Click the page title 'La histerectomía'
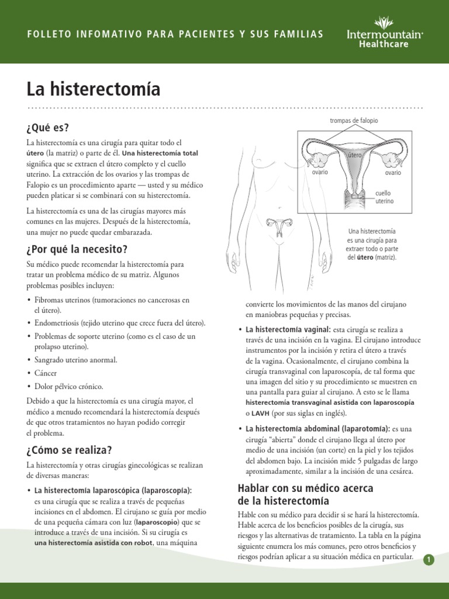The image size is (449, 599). click(93, 89)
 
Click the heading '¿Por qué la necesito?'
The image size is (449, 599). click(77, 249)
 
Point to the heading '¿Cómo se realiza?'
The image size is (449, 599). click(68, 450)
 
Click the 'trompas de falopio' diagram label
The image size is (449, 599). click(354, 121)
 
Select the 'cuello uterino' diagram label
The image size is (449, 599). click(384, 197)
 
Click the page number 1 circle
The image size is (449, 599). click(430, 560)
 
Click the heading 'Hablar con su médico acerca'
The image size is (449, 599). click(305, 488)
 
